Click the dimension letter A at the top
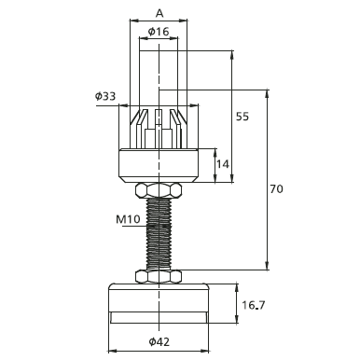[x=159, y=13]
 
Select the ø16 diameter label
[x=159, y=32]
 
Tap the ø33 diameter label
[x=105, y=96]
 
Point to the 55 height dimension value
[x=242, y=117]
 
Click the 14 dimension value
[x=223, y=164]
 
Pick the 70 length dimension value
[x=276, y=188]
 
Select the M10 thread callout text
[x=128, y=219]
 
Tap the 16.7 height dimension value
[x=254, y=305]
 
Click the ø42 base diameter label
[x=159, y=342]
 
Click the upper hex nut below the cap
[x=159, y=190]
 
